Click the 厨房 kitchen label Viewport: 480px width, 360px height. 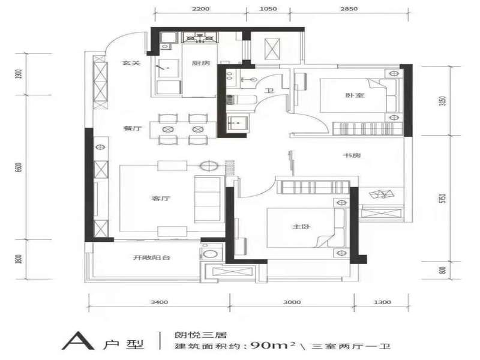pyautogui.click(x=201, y=63)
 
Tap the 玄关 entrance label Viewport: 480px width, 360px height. pyautogui.click(x=131, y=63)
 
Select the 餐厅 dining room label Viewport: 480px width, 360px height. pyautogui.click(x=133, y=128)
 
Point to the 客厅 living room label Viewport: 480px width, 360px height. pyautogui.click(x=161, y=199)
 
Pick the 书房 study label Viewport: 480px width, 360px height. pyautogui.click(x=352, y=155)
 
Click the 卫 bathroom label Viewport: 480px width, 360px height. pyautogui.click(x=269, y=91)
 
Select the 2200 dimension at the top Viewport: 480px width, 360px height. pyautogui.click(x=201, y=8)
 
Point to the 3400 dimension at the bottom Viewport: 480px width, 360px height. pyautogui.click(x=159, y=302)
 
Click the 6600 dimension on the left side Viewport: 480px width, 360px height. pyautogui.click(x=19, y=167)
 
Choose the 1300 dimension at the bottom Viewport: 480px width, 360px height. pyautogui.click(x=383, y=302)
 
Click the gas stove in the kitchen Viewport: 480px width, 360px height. pyautogui.click(x=200, y=38)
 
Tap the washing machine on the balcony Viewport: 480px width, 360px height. pyautogui.click(x=209, y=254)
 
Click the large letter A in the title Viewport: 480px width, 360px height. pyautogui.click(x=78, y=340)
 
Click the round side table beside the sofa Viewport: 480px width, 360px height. pyautogui.click(x=209, y=166)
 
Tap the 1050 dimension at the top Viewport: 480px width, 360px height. pyautogui.click(x=268, y=8)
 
